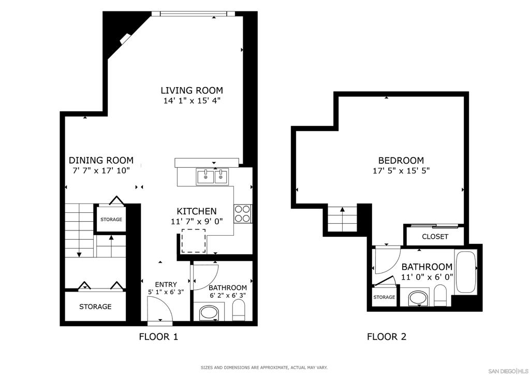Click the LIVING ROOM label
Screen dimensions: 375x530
click(192, 91)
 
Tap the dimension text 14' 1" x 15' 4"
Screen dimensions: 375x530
click(192, 101)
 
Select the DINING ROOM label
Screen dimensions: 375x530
click(101, 161)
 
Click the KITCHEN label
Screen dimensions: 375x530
click(197, 211)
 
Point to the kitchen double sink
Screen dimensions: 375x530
click(212, 177)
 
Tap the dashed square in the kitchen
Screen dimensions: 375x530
click(193, 240)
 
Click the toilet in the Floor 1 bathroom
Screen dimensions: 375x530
click(239, 311)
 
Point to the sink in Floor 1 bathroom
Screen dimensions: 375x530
click(209, 312)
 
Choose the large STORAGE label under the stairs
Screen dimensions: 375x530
click(95, 307)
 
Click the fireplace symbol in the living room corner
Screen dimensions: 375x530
click(125, 39)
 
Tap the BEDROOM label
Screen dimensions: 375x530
click(401, 161)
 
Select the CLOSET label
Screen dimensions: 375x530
click(435, 237)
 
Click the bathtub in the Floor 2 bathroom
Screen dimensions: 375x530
click(465, 272)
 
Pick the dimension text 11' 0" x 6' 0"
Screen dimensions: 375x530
click(427, 277)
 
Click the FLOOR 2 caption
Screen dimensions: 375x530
click(387, 337)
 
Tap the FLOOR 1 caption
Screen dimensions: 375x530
click(158, 337)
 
